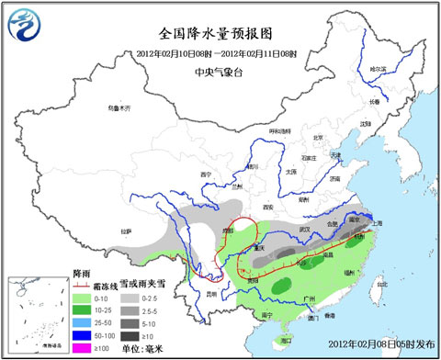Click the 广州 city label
pos(310,300)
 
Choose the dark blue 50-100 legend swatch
pos(81,336)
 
